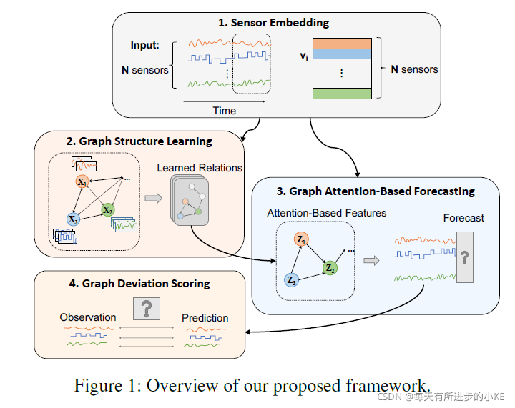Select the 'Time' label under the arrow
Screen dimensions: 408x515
pos(224,111)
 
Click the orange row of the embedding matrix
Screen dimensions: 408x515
pos(343,43)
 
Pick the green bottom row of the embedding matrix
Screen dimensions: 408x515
pos(343,93)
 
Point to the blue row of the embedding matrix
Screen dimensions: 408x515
pos(343,54)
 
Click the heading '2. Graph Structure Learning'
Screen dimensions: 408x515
pos(139,141)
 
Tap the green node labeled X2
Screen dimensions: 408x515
pos(107,209)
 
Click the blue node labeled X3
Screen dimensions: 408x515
pos(73,219)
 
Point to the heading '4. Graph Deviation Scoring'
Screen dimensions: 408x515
pos(140,283)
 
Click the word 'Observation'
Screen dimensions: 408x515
pos(88,317)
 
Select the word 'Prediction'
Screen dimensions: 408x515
pos(205,318)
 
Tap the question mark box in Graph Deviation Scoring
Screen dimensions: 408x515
pos(147,308)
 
